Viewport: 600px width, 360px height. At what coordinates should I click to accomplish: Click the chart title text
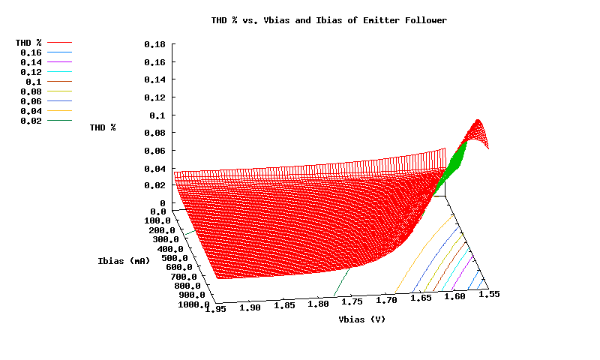tap(329, 20)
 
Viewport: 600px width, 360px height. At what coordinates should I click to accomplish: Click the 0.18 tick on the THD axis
tap(154, 44)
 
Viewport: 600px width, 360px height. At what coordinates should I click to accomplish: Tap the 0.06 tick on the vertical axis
tap(154, 151)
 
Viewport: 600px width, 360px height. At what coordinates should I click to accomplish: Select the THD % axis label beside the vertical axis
tap(103, 127)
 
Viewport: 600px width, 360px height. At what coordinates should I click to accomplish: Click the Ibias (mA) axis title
tap(124, 261)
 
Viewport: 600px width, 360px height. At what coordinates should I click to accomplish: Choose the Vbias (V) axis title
tap(361, 319)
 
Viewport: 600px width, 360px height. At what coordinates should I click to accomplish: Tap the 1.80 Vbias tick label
tap(319, 304)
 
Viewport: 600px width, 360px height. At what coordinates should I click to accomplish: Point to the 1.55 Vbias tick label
tap(489, 295)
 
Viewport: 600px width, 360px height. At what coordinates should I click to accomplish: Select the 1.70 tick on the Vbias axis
tap(387, 300)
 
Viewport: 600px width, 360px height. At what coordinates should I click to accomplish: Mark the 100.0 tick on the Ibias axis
tap(158, 221)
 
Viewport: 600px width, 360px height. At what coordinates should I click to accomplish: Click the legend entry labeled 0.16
tap(31, 53)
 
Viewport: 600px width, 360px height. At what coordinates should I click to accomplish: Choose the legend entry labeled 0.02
tap(31, 121)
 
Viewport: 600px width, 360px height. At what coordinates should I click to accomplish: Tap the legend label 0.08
tap(31, 91)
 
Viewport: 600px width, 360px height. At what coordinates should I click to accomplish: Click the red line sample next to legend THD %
tap(60, 43)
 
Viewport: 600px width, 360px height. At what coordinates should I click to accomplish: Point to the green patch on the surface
tap(453, 161)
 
